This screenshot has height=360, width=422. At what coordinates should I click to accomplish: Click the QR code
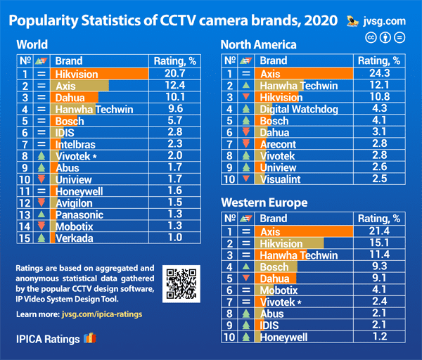click(181, 284)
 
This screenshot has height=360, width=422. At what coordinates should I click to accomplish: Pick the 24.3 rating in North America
click(381, 73)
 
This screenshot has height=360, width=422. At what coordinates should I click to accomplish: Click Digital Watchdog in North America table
click(299, 109)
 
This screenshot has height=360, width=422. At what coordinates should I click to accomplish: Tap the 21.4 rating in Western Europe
click(381, 231)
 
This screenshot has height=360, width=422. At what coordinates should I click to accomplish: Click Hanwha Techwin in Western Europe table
click(299, 255)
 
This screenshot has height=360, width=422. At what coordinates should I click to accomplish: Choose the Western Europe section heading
click(263, 203)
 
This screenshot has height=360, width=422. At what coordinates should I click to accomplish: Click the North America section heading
click(258, 45)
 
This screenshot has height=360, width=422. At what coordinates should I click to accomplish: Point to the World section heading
click(32, 45)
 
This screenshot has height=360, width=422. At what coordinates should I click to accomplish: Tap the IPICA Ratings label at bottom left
click(48, 339)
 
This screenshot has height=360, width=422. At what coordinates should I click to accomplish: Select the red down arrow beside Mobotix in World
click(42, 226)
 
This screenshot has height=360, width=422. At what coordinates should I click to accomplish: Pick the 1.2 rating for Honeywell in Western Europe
click(381, 337)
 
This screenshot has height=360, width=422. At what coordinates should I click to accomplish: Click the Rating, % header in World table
click(176, 60)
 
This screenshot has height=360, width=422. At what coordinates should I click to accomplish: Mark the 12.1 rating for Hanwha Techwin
click(381, 85)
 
